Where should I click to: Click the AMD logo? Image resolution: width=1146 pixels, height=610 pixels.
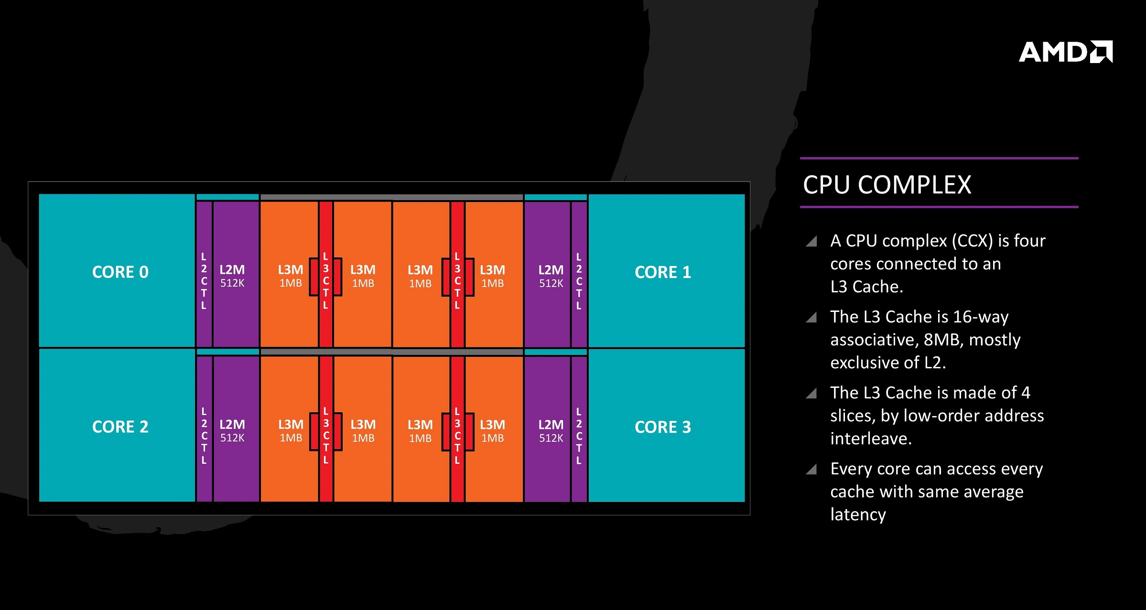coord(1066,52)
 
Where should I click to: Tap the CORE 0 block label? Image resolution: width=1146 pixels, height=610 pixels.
coord(120,272)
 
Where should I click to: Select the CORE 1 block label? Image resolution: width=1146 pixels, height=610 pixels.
coord(663,272)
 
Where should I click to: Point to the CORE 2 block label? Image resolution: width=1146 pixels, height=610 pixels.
coord(120,427)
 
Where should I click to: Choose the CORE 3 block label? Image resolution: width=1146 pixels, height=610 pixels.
coord(663,427)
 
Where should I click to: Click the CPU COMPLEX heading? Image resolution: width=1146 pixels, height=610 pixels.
coord(887,185)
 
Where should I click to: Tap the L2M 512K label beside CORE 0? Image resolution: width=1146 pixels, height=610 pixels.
coord(232,276)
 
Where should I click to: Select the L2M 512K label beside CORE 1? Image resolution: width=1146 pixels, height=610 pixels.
coord(551,276)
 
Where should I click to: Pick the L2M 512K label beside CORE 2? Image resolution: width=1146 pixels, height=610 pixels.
coord(232,431)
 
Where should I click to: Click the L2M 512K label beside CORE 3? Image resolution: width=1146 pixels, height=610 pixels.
coord(551,431)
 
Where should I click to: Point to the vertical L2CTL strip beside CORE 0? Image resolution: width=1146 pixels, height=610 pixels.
coord(204,274)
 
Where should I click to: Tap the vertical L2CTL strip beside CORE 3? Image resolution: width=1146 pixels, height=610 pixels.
coord(579,429)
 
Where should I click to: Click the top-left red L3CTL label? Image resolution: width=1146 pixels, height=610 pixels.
coord(326,281)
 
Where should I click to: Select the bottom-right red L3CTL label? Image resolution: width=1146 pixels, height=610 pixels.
coord(457,436)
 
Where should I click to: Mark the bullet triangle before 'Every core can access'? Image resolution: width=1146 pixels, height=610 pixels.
coord(811,469)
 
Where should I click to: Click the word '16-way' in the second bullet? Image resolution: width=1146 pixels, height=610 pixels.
coord(981,317)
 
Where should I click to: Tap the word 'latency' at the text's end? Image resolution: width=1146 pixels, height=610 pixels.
coord(858,514)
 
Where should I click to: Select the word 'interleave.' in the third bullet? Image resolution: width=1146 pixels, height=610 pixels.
coord(871,439)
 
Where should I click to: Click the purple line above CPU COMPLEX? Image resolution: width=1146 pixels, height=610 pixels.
coord(939,158)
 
